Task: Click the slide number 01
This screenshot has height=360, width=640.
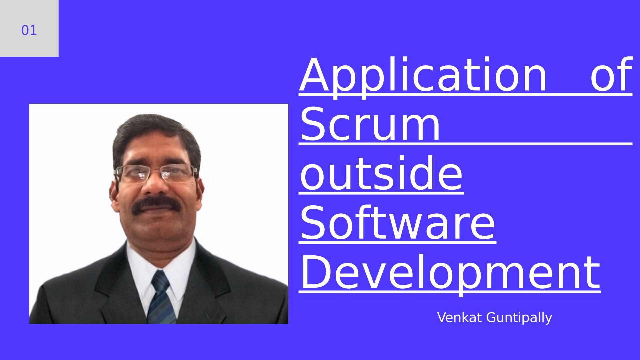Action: tap(29, 30)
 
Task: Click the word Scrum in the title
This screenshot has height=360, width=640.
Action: tap(370, 124)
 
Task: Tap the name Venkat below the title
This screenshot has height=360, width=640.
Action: tap(460, 317)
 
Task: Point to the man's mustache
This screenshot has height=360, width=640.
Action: tap(156, 205)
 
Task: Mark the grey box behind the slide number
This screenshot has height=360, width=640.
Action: tap(29, 28)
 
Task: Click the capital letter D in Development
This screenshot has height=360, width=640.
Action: tap(315, 271)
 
